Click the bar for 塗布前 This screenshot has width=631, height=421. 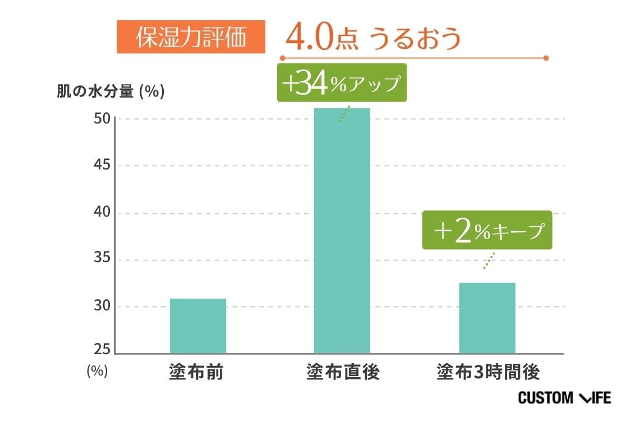[197, 326]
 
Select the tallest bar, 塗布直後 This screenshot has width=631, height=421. [342, 230]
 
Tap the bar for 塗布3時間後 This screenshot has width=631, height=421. [487, 318]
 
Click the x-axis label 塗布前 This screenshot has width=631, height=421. [196, 372]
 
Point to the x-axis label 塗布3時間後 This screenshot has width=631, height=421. [488, 372]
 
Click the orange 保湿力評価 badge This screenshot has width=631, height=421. [191, 37]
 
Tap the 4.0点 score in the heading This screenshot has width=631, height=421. [317, 38]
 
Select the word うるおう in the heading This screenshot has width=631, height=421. [415, 38]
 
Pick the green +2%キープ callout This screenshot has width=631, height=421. [487, 230]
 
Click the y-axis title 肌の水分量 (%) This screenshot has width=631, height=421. [110, 91]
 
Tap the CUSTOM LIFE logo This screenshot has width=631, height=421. [564, 398]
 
